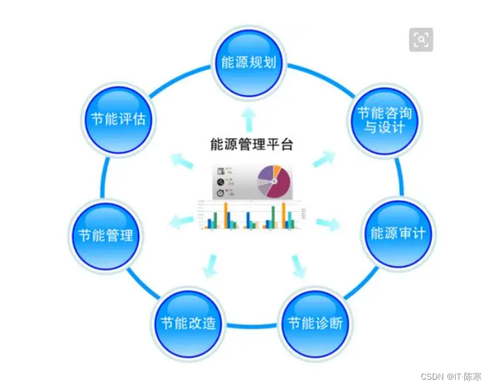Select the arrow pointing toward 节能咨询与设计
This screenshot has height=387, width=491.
click(x=323, y=160)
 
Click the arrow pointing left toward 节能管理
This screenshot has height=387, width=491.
click(x=180, y=220)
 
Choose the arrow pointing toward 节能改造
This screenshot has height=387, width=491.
click(x=211, y=266)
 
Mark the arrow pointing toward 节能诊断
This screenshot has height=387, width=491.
click(x=299, y=266)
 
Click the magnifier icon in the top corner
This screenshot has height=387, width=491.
click(x=421, y=40)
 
